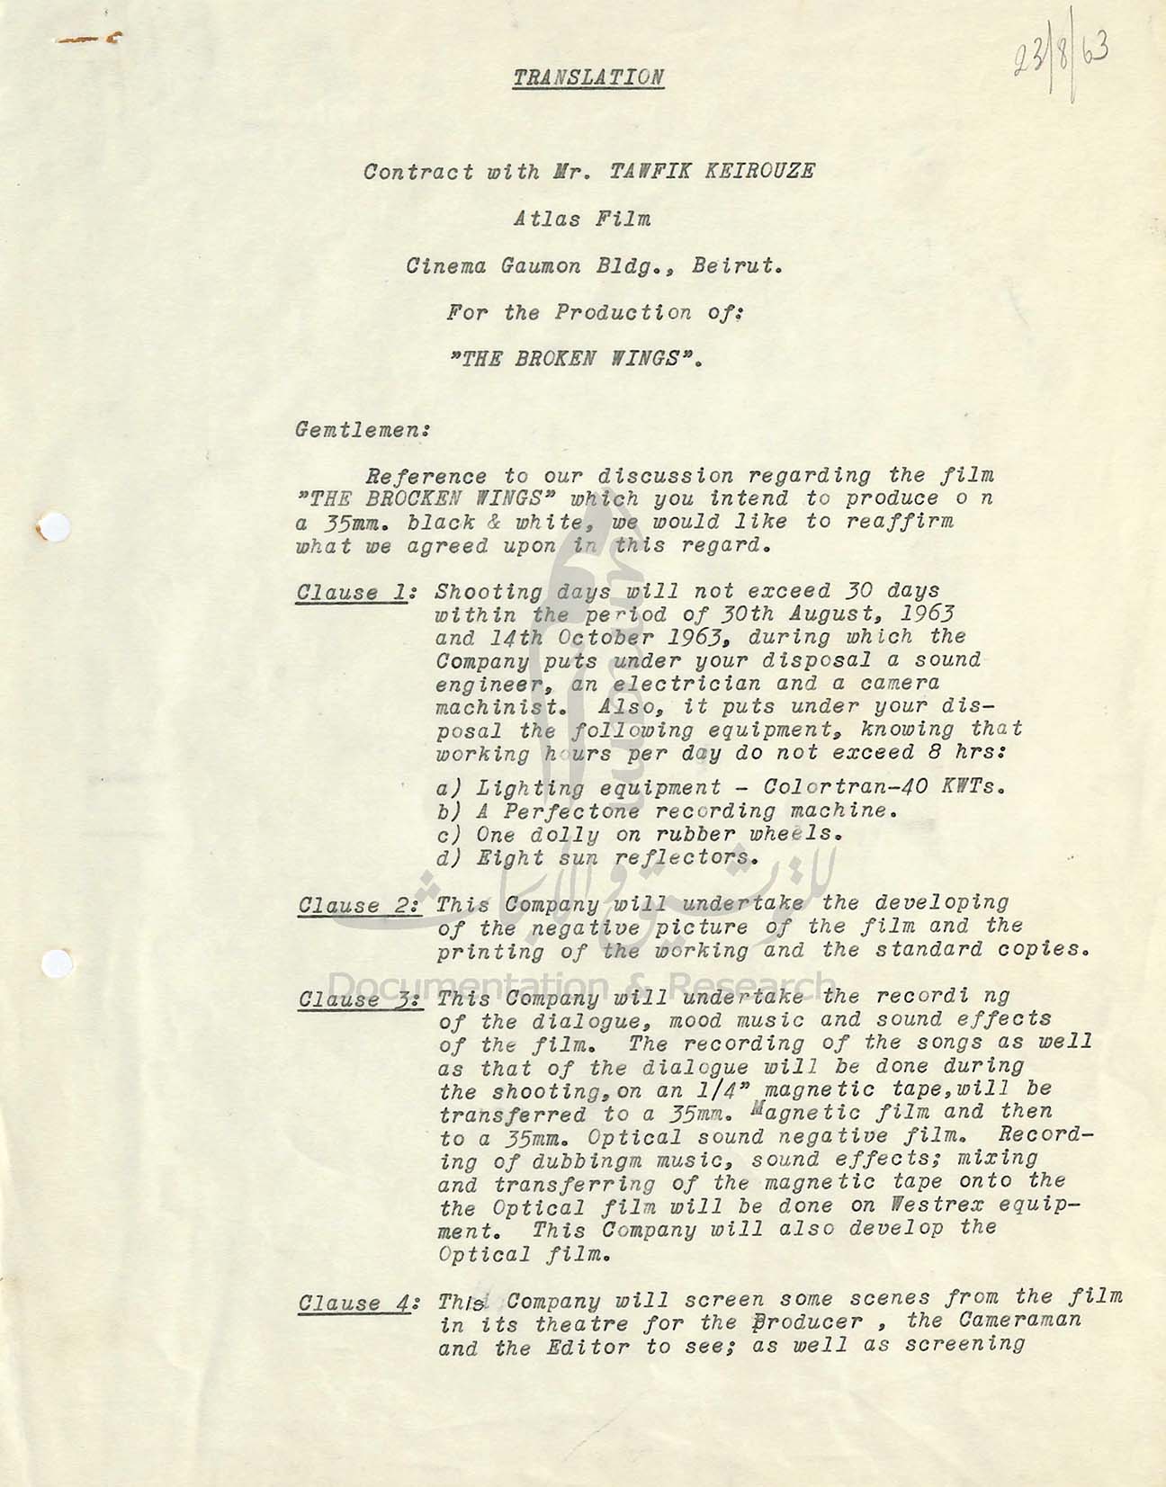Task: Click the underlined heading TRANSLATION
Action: click(588, 77)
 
